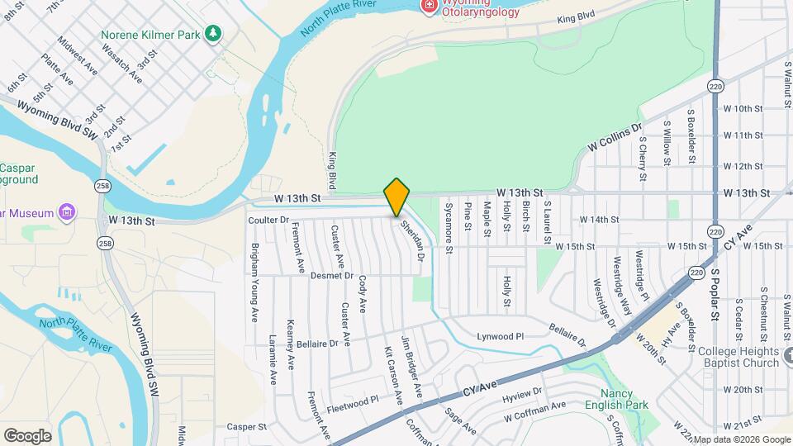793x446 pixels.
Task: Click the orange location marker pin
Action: (396, 197)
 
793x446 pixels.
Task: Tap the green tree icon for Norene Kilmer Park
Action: (214, 33)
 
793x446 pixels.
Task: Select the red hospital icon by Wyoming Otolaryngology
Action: (429, 7)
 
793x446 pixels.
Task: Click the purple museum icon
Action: (67, 212)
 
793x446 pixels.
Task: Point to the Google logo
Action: (27, 435)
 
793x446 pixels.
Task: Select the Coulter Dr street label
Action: (268, 220)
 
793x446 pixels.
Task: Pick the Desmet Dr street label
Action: (333, 275)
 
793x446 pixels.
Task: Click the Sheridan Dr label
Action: (412, 240)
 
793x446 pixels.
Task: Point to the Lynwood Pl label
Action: (501, 336)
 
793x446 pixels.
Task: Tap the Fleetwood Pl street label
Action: (352, 398)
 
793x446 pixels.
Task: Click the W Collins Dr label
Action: (615, 138)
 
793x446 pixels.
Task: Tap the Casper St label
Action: (247, 427)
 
